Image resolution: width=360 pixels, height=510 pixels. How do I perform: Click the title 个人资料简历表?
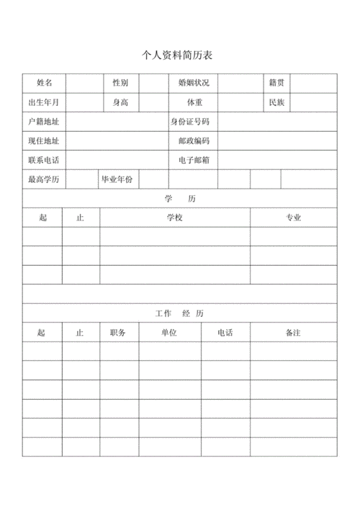coord(179,55)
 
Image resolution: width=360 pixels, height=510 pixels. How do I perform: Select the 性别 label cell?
coord(120,84)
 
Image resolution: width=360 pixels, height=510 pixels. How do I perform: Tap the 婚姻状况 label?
coord(194,84)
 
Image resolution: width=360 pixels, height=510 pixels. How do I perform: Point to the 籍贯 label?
coord(276,84)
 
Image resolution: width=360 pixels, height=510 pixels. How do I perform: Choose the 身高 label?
coord(120,103)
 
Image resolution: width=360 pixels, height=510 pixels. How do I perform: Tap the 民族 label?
coord(276,103)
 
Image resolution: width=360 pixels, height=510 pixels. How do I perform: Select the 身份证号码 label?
coord(190,122)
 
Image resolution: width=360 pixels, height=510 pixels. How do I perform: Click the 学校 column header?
coord(174,218)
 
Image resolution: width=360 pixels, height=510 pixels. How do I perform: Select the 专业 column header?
coord(293,218)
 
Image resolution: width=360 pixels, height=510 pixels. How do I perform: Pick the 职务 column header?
coord(118,333)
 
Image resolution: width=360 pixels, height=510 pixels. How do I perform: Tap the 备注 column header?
coord(293,333)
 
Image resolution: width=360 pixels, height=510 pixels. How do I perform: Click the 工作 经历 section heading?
coord(180,313)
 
